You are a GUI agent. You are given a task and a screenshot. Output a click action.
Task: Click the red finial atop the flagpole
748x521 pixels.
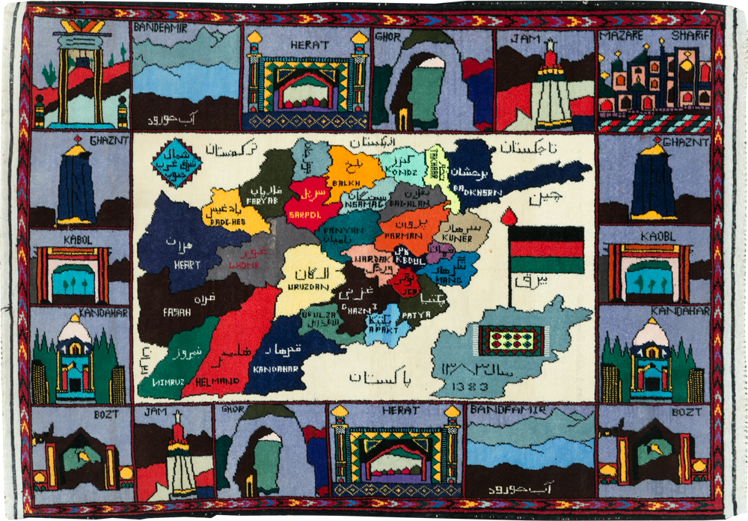(x=509, y=216)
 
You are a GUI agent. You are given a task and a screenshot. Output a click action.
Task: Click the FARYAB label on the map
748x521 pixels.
(x=260, y=201)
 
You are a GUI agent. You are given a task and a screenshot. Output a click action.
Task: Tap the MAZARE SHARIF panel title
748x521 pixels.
(x=654, y=37)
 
